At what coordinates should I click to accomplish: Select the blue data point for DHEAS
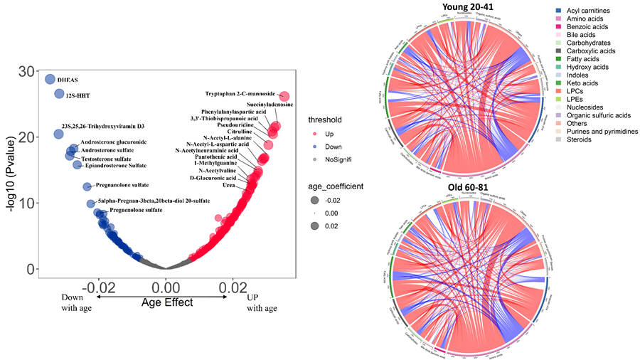click(50, 79)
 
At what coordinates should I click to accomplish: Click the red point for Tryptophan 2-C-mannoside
click(284, 97)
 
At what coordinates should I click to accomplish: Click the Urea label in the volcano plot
click(229, 186)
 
